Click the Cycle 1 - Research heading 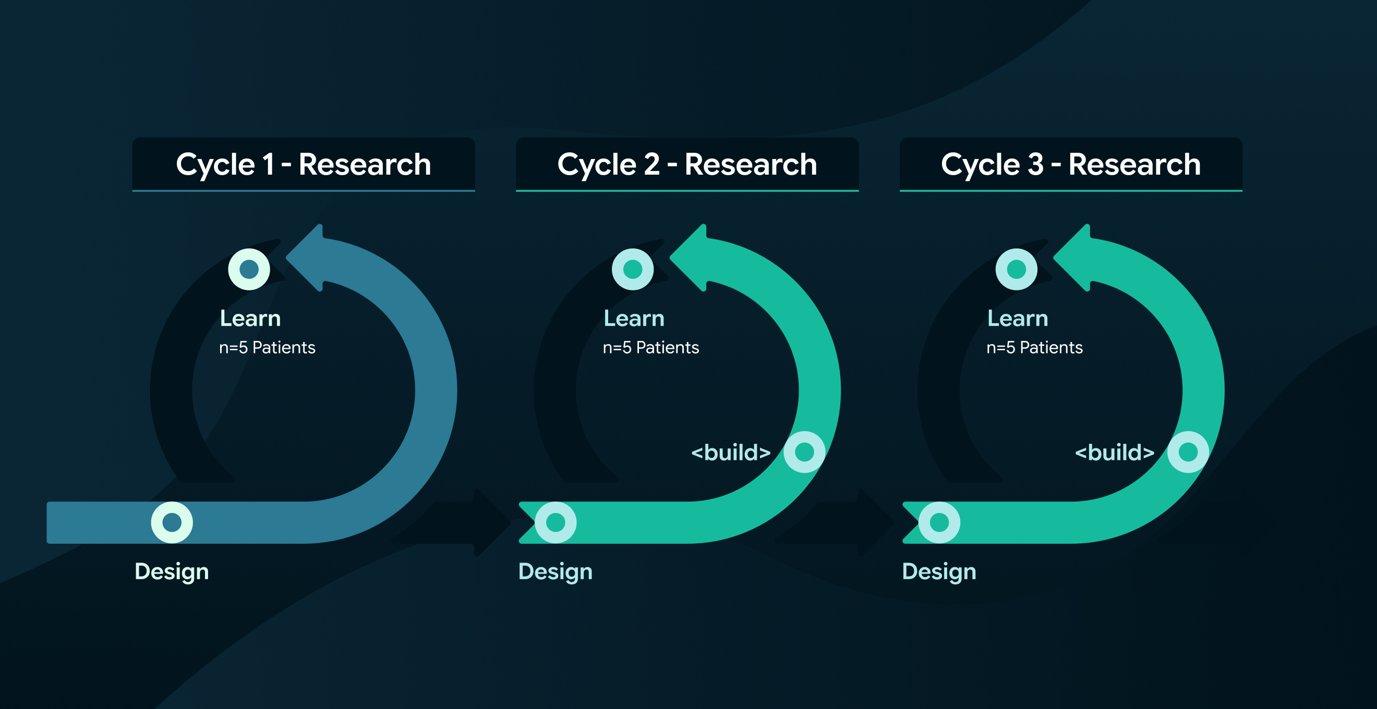pos(304,164)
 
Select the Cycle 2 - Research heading pos(687,164)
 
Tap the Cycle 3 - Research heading pos(1071,164)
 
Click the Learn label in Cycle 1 pos(250,319)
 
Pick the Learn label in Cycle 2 pos(634,319)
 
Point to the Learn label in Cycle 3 pos(1017,319)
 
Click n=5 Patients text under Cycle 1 pos(267,348)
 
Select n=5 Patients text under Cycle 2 pos(650,348)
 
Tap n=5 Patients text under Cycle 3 pos(1034,348)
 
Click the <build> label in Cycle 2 pos(731,453)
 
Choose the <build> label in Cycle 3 pos(1115,453)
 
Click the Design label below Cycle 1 pos(172,572)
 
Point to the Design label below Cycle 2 pos(555,572)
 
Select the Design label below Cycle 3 pos(939,572)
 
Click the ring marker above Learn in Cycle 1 pos(249,270)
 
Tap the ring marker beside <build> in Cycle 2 pos(804,452)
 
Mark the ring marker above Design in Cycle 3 pos(939,522)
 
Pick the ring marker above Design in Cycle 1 pos(172,522)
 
